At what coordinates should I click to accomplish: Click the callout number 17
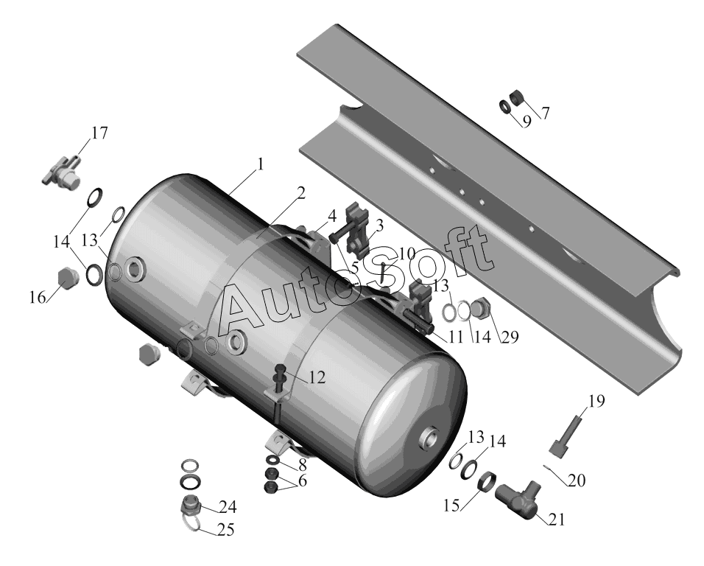[x=99, y=133]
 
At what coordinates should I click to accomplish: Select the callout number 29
[x=510, y=337]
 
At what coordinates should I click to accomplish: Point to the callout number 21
[x=556, y=520]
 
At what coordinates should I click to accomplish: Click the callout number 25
[x=226, y=530]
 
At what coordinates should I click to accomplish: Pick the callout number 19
[x=596, y=401]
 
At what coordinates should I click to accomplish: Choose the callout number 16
[x=38, y=297]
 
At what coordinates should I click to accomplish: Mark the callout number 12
[x=317, y=377]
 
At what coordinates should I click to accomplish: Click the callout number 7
[x=545, y=113]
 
